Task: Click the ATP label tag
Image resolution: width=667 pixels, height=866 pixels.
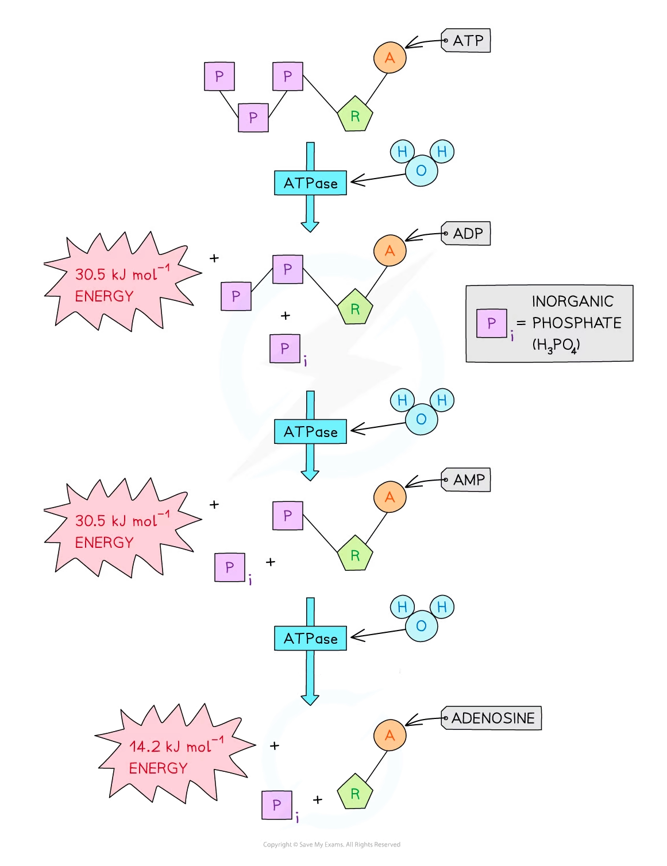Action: (466, 41)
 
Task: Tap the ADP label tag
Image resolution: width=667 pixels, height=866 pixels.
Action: (466, 234)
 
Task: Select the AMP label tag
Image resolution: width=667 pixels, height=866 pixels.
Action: (466, 480)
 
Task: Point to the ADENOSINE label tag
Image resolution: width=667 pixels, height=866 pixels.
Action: (492, 718)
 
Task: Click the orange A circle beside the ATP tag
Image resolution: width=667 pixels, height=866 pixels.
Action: (390, 58)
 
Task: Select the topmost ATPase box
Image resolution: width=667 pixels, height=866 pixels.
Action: (310, 183)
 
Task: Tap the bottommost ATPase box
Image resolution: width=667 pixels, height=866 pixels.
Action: (310, 638)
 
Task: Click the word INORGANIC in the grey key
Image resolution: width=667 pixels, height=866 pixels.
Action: (572, 301)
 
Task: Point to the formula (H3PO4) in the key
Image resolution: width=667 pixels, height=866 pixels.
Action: (556, 345)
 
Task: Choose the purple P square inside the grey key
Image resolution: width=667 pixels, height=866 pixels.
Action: (492, 323)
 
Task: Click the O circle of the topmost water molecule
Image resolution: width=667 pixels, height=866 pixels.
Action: (421, 171)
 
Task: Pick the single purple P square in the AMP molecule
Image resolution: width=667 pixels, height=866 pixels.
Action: (287, 516)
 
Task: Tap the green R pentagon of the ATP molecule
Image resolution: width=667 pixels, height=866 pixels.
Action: (355, 115)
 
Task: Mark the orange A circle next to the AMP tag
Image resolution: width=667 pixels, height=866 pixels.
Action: (390, 497)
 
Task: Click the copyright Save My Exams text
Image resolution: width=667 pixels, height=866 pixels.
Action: (331, 844)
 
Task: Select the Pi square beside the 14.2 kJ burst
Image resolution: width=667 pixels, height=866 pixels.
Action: (277, 805)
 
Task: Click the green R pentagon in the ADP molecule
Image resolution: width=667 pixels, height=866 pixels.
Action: (355, 308)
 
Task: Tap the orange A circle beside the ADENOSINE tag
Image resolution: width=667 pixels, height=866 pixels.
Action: (390, 736)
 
